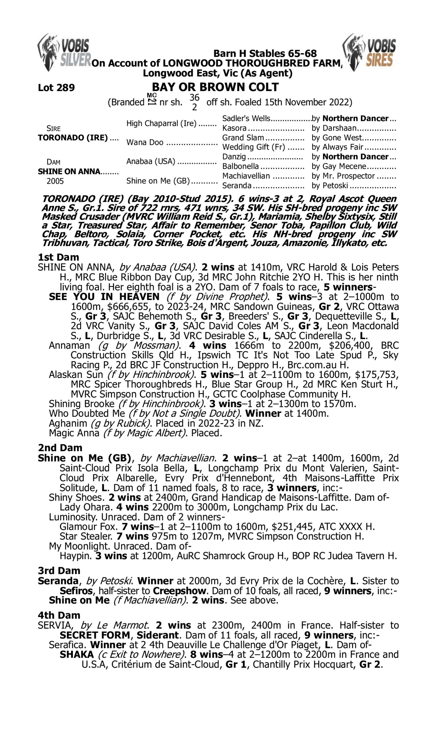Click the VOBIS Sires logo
tap(369, 52)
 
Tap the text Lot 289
tap(56, 87)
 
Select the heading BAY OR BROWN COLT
tap(215, 87)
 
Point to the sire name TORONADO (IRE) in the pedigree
tap(73, 138)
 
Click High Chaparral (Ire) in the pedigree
tap(161, 123)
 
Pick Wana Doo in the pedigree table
tap(145, 142)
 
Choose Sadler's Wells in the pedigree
tap(246, 118)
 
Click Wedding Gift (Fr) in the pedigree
tap(253, 147)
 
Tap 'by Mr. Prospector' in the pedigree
tap(343, 176)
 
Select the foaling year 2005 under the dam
tap(55, 181)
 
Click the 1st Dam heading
tap(58, 257)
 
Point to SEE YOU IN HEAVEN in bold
tap(104, 297)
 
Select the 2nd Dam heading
tap(60, 448)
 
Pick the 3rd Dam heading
tap(59, 570)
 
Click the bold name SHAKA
tap(77, 654)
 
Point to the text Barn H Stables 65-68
tap(265, 53)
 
